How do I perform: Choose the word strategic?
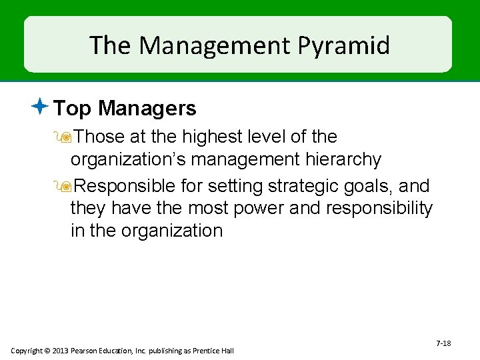[305, 185]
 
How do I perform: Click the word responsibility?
[379, 208]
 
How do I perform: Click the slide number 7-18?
[443, 343]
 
